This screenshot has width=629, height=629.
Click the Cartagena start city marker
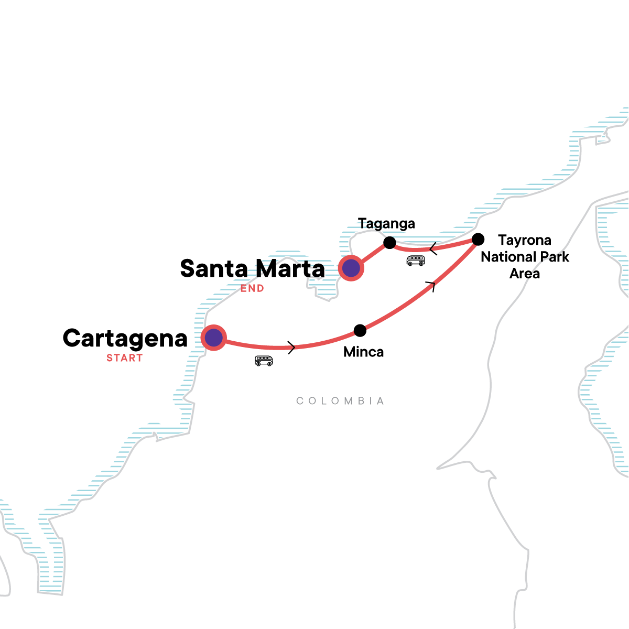(213, 338)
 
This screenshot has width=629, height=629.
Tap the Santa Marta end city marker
(351, 268)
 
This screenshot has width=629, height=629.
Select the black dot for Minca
(360, 330)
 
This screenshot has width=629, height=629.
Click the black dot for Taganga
(389, 242)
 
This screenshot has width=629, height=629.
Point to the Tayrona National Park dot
(478, 240)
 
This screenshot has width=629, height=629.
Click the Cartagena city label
(125, 339)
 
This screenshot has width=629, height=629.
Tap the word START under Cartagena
(124, 358)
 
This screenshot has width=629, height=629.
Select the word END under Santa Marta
(252, 288)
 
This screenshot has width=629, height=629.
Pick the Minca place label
(363, 352)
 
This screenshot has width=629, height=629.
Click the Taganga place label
(386, 224)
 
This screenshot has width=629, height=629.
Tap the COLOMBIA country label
(340, 401)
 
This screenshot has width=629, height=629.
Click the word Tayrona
(525, 240)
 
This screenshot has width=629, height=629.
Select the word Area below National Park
(525, 274)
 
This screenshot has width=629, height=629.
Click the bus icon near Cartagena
(264, 361)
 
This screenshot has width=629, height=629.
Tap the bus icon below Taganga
(416, 261)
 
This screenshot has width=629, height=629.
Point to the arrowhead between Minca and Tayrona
(431, 286)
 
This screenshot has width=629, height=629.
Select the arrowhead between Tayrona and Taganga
(433, 248)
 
